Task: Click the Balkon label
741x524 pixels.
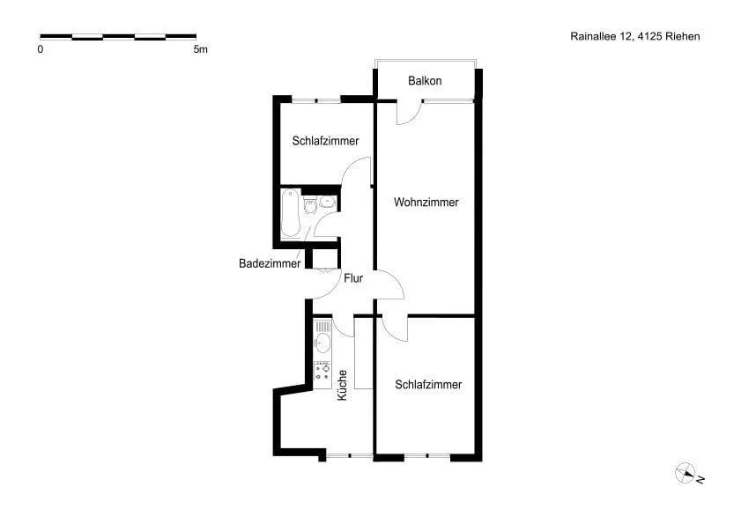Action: click(425, 81)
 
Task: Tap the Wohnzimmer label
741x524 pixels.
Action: click(426, 203)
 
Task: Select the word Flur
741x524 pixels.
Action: click(354, 278)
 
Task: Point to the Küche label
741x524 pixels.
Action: click(342, 386)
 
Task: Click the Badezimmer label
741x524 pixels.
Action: click(270, 263)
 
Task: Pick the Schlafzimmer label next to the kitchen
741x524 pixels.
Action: click(428, 385)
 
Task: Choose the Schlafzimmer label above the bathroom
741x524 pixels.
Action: click(325, 140)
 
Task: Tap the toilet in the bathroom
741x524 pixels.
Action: click(309, 206)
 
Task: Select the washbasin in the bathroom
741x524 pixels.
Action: click(328, 202)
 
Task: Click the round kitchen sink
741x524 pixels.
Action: click(322, 344)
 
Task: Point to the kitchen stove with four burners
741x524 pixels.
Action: click(322, 374)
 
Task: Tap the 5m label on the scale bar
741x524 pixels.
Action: click(200, 49)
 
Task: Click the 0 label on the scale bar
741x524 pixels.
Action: click(41, 49)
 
